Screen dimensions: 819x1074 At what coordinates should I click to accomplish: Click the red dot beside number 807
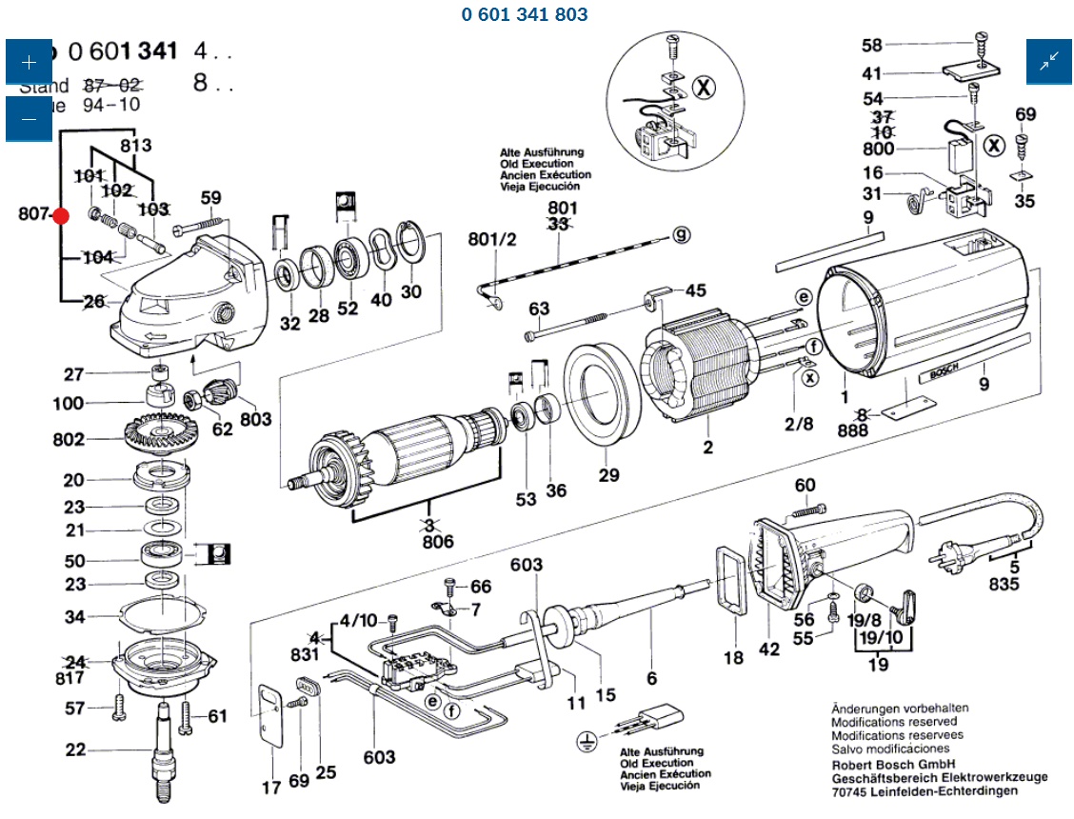(x=61, y=216)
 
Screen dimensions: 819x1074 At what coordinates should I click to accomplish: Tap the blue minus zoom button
(x=29, y=119)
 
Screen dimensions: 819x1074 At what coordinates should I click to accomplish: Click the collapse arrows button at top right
(x=1049, y=62)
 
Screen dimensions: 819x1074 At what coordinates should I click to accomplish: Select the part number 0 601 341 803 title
(x=525, y=14)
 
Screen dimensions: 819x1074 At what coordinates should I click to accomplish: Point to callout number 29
(x=608, y=475)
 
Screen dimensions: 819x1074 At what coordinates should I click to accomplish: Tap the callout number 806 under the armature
(x=439, y=543)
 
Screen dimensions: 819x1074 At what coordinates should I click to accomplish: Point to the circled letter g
(x=682, y=235)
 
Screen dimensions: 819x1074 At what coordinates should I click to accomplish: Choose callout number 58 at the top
(x=872, y=45)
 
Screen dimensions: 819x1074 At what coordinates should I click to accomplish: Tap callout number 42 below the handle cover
(x=768, y=649)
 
